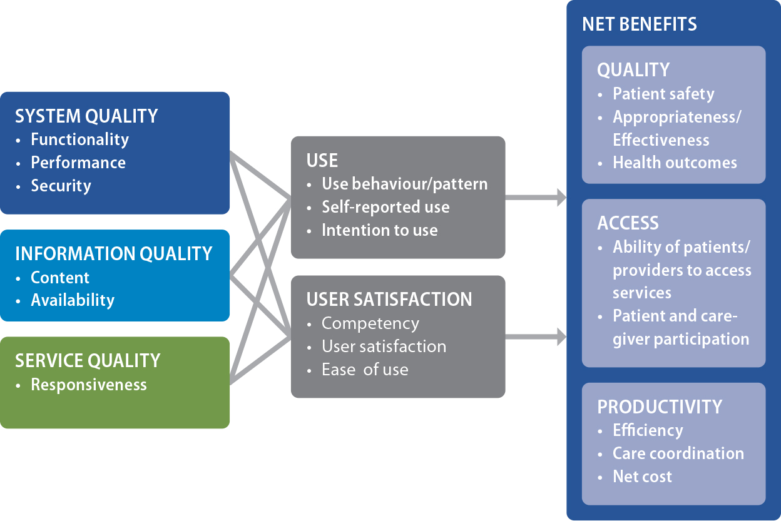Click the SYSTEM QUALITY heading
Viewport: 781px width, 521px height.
(86, 116)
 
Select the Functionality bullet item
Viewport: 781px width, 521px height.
(79, 139)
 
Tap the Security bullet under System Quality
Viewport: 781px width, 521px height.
(61, 186)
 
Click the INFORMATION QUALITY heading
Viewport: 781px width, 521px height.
(114, 254)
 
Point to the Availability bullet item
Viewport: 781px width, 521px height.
(73, 300)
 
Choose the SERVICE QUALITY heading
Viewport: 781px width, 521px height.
(88, 361)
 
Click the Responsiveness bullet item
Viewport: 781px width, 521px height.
(89, 385)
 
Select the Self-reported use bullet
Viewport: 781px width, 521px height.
(385, 207)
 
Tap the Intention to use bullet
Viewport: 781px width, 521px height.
(379, 230)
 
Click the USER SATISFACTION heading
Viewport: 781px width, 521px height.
(389, 300)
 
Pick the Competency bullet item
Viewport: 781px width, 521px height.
(370, 323)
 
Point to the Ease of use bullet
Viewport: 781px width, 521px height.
(365, 370)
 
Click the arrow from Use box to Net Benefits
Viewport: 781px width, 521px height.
(536, 198)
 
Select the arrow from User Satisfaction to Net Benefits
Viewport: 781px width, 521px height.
(536, 338)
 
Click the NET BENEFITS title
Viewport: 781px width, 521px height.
(639, 24)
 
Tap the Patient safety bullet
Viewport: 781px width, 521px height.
(663, 94)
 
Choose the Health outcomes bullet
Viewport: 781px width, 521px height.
(675, 163)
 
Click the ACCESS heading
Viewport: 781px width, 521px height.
(628, 223)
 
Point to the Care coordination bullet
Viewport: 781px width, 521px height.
(678, 453)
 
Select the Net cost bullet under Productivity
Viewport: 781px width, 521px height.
(642, 477)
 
